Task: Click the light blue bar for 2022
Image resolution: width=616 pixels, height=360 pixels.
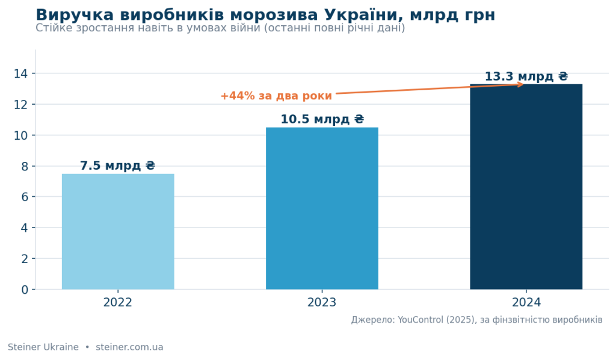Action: (118, 232)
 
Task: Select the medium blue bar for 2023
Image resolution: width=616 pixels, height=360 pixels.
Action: (322, 208)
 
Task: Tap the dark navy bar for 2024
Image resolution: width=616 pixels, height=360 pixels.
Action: (526, 187)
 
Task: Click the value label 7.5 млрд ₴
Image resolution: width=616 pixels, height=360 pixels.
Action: (118, 166)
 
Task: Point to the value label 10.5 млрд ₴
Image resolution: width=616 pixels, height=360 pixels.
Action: (322, 119)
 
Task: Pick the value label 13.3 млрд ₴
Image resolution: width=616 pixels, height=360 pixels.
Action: (526, 76)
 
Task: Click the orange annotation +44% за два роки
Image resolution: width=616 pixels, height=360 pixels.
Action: (276, 96)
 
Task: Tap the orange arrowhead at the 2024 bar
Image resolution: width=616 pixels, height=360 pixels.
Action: (521, 84)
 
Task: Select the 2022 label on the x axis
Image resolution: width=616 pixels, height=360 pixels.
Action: (118, 303)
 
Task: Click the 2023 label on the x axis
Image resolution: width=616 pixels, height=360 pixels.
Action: (322, 303)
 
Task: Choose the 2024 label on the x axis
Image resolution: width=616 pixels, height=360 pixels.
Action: (526, 303)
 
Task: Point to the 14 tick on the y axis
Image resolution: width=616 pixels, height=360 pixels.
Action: (21, 73)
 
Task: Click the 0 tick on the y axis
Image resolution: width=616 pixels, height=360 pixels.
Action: (25, 290)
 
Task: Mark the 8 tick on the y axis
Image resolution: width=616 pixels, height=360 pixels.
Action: (25, 166)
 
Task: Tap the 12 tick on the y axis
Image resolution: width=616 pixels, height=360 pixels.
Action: (21, 105)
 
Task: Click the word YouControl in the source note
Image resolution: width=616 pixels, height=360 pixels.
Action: (420, 320)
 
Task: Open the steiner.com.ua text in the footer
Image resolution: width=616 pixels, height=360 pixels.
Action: (129, 347)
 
